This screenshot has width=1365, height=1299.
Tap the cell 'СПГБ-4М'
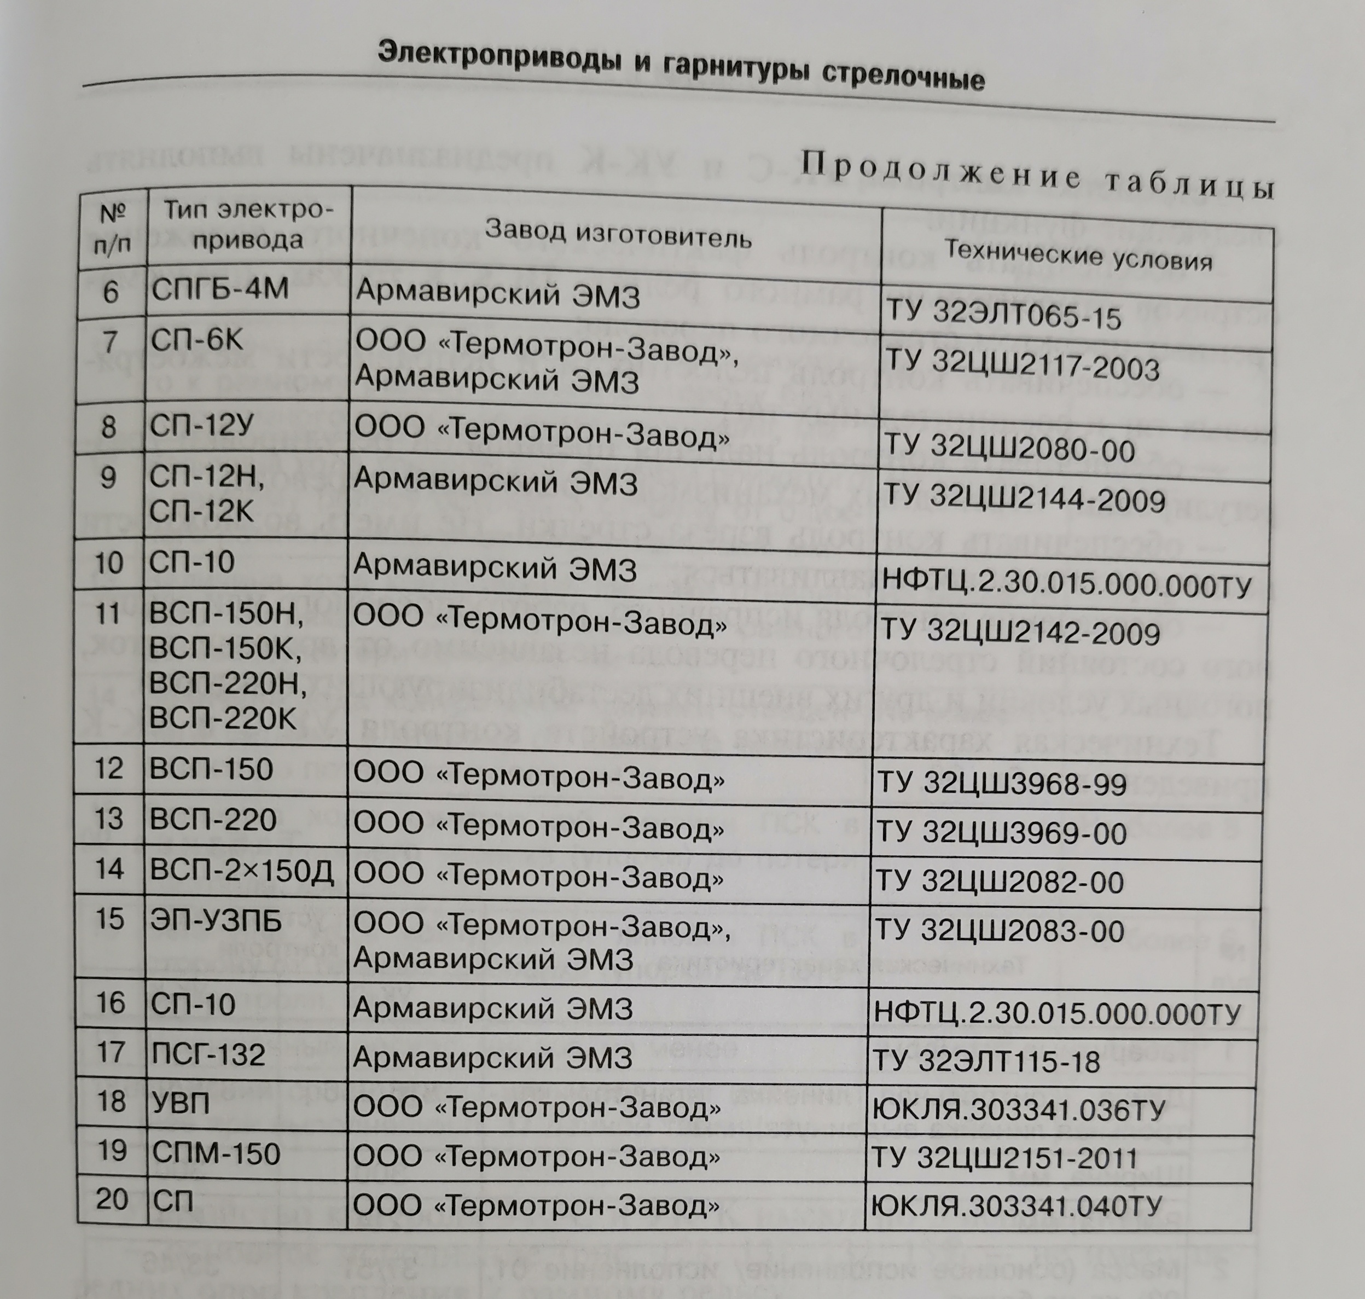(x=219, y=289)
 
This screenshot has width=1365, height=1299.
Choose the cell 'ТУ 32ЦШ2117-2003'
(x=1023, y=367)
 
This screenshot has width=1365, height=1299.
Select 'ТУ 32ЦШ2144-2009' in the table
(x=1023, y=498)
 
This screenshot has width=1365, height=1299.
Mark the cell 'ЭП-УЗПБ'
(x=216, y=920)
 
